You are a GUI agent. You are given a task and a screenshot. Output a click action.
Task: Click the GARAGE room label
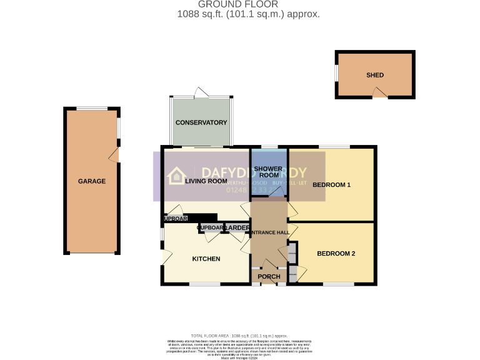(x=91, y=181)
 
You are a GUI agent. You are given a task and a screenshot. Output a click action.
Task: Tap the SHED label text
(x=375, y=75)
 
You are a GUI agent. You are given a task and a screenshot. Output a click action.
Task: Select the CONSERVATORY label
(x=201, y=122)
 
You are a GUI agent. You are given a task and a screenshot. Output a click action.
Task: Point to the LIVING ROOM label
(x=206, y=181)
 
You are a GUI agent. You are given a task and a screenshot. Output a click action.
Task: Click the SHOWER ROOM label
(x=269, y=172)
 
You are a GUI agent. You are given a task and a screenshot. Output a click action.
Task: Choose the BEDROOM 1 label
(x=332, y=185)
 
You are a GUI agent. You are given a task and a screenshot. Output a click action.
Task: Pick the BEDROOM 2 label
(x=336, y=253)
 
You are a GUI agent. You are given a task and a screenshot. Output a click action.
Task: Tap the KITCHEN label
(x=206, y=259)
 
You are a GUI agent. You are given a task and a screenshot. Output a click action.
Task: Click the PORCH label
(x=269, y=277)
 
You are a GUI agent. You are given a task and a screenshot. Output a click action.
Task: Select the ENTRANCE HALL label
(x=269, y=232)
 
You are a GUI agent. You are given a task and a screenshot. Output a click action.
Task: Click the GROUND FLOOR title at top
(x=239, y=4)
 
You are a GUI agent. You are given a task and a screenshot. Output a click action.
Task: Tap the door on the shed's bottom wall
(x=379, y=93)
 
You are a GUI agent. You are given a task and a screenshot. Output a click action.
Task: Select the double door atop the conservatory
(x=201, y=94)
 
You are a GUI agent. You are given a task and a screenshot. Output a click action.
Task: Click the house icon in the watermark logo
(x=177, y=176)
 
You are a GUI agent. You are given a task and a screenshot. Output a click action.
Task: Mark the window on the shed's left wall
(x=337, y=74)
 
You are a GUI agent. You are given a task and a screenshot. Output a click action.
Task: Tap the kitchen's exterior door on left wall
(x=165, y=256)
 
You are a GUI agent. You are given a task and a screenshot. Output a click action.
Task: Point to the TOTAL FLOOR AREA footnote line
(x=239, y=336)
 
